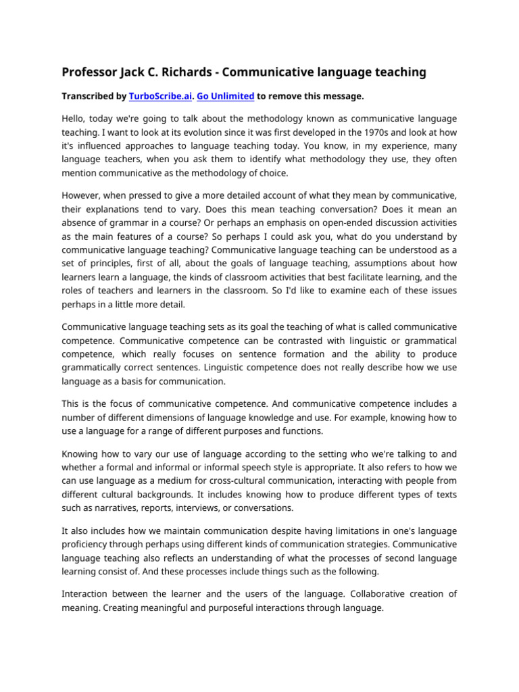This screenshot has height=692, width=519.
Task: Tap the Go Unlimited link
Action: pyautogui.click(x=225, y=97)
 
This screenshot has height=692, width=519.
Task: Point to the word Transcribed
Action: pyautogui.click(x=89, y=97)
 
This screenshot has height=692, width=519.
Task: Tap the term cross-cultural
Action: pyautogui.click(x=235, y=480)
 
